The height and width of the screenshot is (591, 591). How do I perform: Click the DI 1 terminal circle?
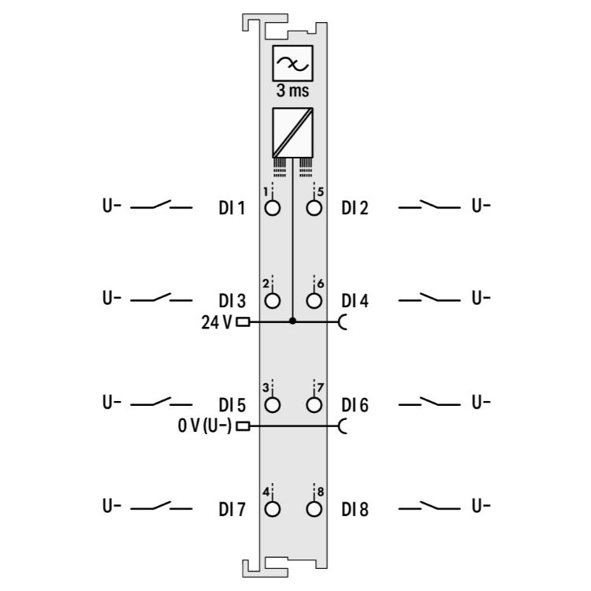[273, 208]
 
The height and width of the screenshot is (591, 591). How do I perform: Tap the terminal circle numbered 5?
[314, 208]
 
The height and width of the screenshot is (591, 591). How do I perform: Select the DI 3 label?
[232, 301]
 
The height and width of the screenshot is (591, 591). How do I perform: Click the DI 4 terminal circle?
[314, 301]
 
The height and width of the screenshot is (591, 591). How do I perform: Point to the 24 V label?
[217, 322]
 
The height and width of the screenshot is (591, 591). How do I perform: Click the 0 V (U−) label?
[205, 426]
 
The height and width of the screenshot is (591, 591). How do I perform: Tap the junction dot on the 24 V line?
[292, 321]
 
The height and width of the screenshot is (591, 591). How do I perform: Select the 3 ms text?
[293, 91]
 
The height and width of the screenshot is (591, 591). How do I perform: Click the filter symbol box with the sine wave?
[293, 63]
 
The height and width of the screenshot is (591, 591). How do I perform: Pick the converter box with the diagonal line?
[293, 132]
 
